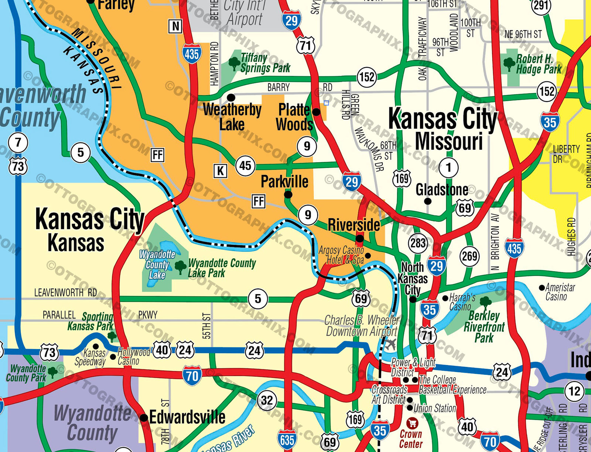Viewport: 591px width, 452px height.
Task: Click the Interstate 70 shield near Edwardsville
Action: pos(192,376)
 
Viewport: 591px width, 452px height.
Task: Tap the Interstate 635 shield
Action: pos(287,439)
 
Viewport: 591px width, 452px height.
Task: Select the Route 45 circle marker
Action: pos(245,165)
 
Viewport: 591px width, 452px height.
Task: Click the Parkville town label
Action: pos(284,182)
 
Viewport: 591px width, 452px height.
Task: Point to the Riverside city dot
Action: pos(359,239)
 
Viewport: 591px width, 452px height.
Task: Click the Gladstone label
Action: pos(442,190)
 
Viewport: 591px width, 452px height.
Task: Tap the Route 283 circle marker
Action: pos(418,243)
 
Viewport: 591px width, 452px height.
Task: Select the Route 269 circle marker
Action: pos(469,256)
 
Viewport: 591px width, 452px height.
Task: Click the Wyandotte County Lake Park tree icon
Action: pos(180,266)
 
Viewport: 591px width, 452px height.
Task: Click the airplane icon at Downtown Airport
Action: pos(390,345)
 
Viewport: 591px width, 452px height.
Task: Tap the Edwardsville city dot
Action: pos(144,418)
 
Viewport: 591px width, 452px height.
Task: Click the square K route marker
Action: pos(220,171)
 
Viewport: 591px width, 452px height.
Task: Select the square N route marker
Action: pos(175,26)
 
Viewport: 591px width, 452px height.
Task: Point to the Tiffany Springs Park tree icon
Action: pos(234,63)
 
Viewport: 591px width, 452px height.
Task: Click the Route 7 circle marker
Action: pos(18,142)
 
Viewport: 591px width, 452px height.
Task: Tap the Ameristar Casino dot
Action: pos(542,287)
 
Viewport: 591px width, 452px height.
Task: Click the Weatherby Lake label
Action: pos(232,117)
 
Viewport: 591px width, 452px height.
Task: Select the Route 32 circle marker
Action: pos(267,400)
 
